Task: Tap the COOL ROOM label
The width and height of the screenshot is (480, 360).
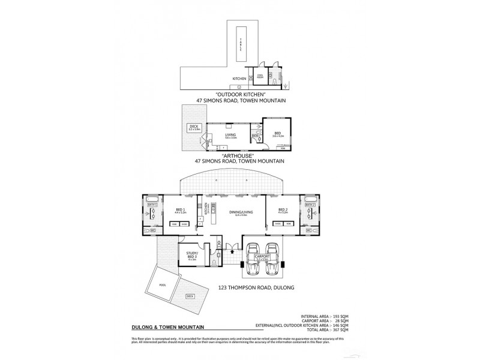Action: click(x=260, y=77)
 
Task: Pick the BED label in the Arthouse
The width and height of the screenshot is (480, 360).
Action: click(x=277, y=134)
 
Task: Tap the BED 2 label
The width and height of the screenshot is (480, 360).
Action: click(x=283, y=210)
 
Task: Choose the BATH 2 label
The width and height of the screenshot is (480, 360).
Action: click(x=310, y=205)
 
